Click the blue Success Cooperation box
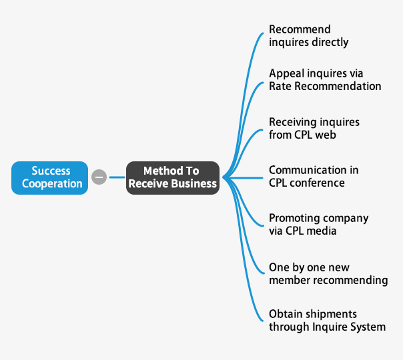point(49,178)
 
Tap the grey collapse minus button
point(99,177)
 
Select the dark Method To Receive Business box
point(173,178)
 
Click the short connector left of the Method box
point(117,177)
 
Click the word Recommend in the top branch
point(300,29)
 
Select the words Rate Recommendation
point(325,86)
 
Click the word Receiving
point(291,122)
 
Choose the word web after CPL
point(326,135)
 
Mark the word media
point(322,231)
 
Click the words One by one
point(294,267)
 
